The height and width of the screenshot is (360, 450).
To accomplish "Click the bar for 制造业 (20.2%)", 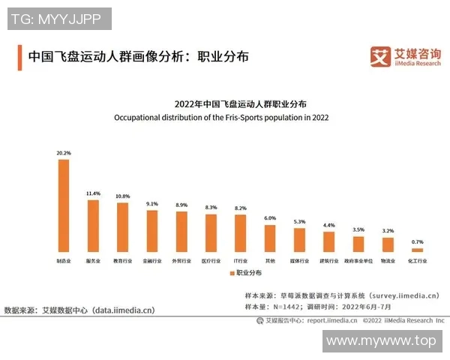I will click(64, 205).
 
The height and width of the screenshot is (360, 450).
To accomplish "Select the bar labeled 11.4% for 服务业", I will click(93, 225).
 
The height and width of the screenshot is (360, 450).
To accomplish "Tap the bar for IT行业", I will click(240, 233).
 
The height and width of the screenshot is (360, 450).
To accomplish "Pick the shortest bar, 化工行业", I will click(417, 250).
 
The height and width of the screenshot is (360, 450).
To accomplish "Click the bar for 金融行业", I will click(152, 231).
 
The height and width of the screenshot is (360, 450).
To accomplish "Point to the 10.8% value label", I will click(122, 196).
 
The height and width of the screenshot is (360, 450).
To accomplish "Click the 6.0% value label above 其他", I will click(270, 218).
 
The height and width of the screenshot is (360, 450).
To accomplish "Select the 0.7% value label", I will click(417, 241).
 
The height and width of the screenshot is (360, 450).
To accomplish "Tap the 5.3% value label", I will click(299, 222).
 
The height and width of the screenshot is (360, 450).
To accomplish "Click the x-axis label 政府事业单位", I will click(358, 262).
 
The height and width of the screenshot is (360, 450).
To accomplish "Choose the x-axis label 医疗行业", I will click(211, 262).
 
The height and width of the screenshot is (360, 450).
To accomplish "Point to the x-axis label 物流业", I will click(388, 262).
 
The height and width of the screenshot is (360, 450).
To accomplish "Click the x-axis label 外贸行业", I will click(181, 262).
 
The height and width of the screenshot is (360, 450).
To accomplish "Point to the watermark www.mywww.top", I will click(381, 341).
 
